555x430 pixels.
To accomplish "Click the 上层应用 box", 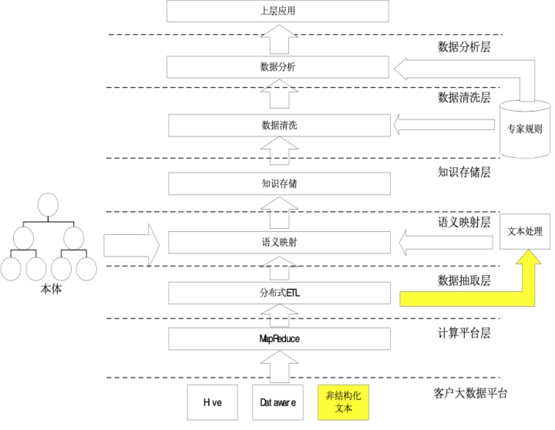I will pyautogui.click(x=278, y=12).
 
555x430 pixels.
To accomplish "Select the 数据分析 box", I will pyautogui.click(x=278, y=67).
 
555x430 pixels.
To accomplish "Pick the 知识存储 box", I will pyautogui.click(x=278, y=183).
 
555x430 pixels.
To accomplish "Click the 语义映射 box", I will pyautogui.click(x=278, y=243).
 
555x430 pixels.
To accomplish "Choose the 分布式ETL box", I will pyautogui.click(x=278, y=294).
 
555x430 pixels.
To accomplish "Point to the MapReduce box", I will pyautogui.click(x=278, y=338).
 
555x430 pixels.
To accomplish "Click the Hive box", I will pyautogui.click(x=213, y=402).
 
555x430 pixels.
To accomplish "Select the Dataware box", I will pyautogui.click(x=277, y=402).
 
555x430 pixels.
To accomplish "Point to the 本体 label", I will pyautogui.click(x=49, y=291).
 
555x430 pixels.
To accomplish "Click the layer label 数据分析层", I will pyautogui.click(x=464, y=48).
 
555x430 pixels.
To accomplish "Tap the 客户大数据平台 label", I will pyautogui.click(x=470, y=393).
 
